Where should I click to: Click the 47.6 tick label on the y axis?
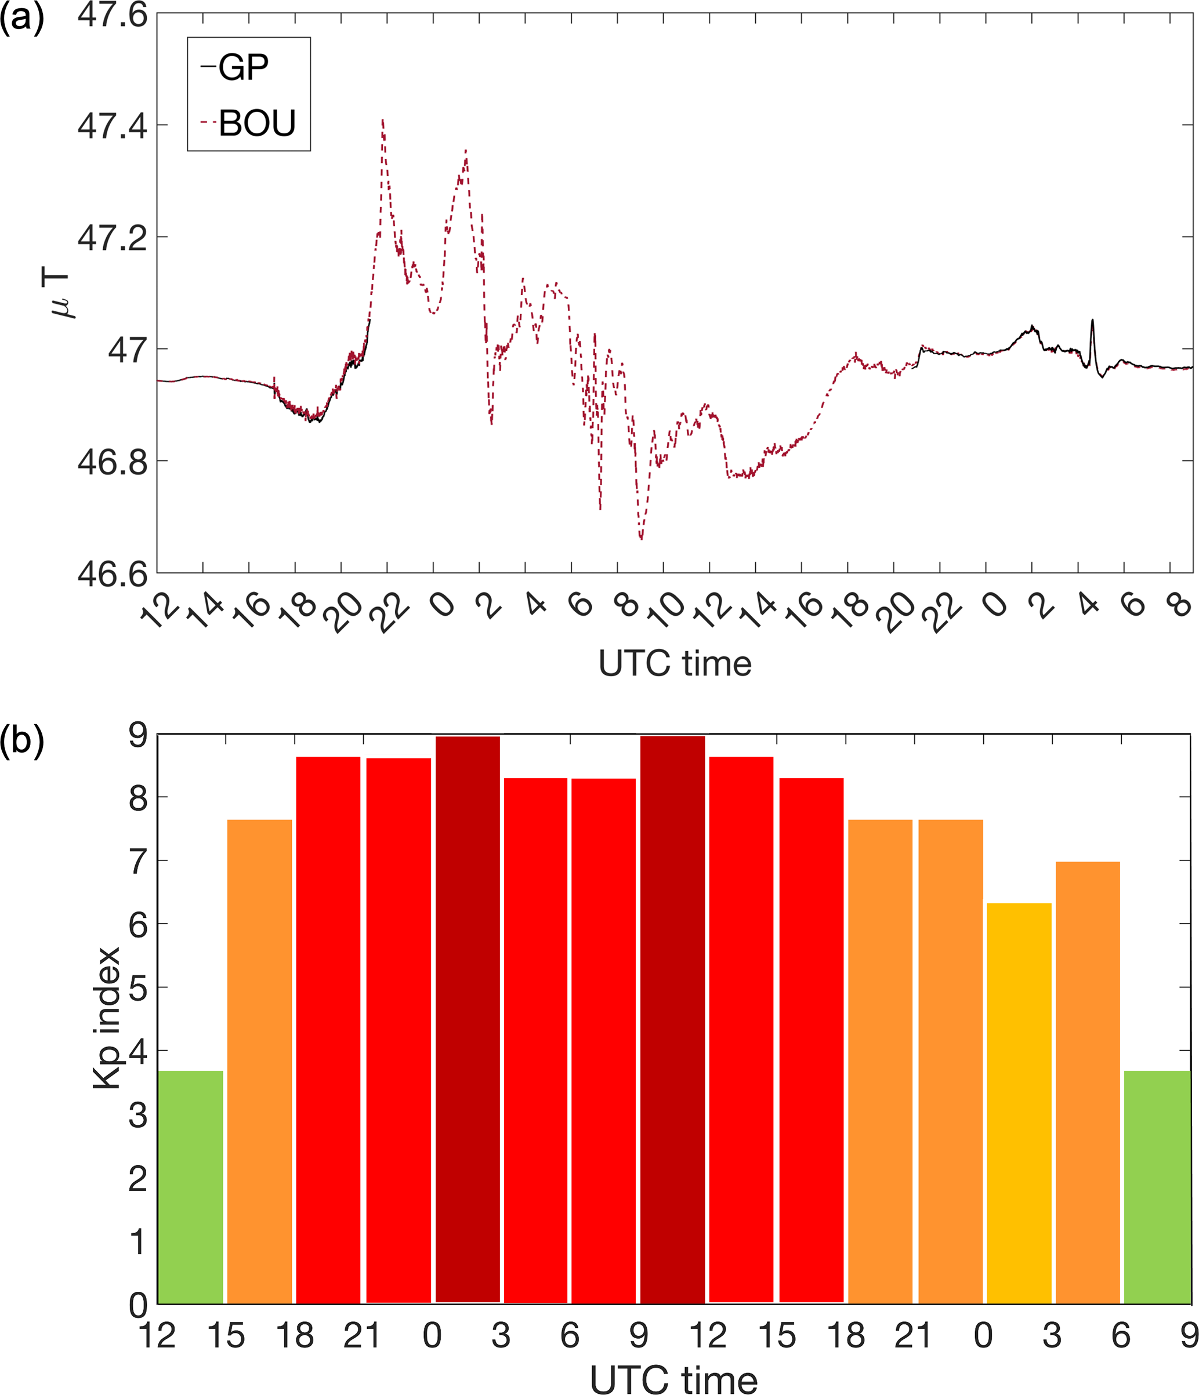[112, 15]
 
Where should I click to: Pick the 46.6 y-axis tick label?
[112, 573]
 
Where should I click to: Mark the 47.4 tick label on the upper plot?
[112, 126]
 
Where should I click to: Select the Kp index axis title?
[106, 1018]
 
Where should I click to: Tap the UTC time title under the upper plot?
[674, 664]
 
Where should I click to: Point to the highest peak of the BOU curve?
[383, 121]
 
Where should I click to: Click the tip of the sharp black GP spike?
[1092, 321]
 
